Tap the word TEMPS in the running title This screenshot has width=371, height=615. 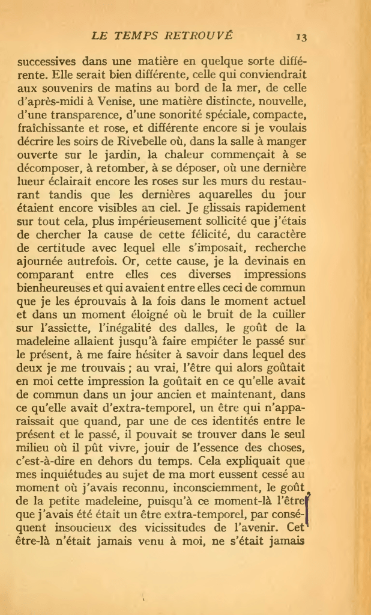(146, 35)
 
